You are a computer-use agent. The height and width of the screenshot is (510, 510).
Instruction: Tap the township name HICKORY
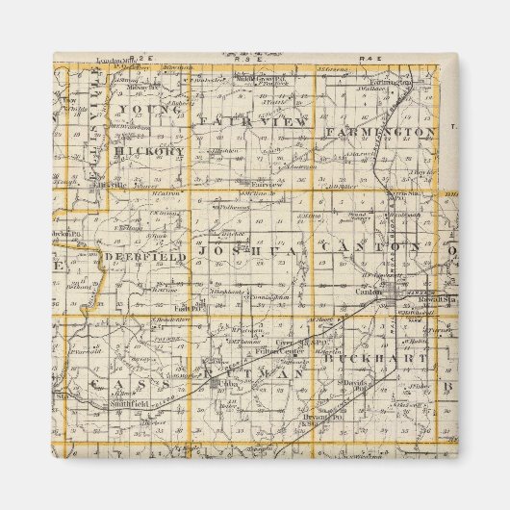149,152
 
